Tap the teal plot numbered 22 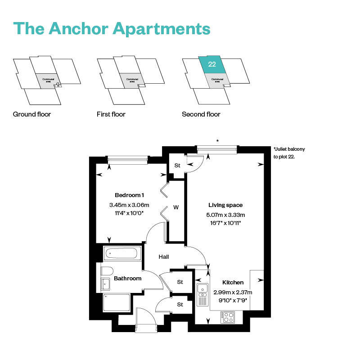[x=212, y=64]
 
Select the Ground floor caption [x=32, y=114]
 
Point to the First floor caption [x=111, y=114]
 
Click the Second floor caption [x=201, y=114]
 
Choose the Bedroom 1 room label [x=129, y=195]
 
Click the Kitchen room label [x=233, y=283]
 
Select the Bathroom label [x=127, y=279]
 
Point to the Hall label [x=164, y=256]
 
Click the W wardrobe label [x=176, y=207]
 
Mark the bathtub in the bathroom [x=122, y=253]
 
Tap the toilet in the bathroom [x=107, y=271]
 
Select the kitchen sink [x=202, y=288]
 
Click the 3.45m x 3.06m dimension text [x=129, y=205]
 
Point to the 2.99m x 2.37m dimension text [x=233, y=292]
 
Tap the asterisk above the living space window [x=218, y=141]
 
